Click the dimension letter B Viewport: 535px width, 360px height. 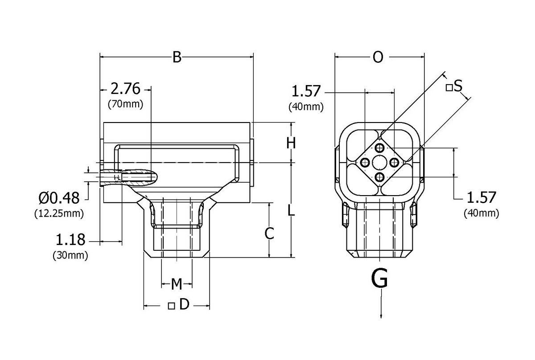pyautogui.click(x=177, y=57)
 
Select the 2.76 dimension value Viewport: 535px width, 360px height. pyautogui.click(x=125, y=89)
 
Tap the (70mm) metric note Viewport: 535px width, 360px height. pyautogui.click(x=125, y=105)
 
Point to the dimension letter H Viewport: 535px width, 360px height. pyautogui.click(x=291, y=143)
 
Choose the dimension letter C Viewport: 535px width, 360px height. pyautogui.click(x=269, y=233)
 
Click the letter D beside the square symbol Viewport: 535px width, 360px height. pyautogui.click(x=184, y=305)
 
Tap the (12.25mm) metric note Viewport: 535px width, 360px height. pyautogui.click(x=59, y=213)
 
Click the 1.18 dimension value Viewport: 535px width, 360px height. pyautogui.click(x=70, y=241)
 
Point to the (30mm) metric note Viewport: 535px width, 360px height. pyautogui.click(x=70, y=256)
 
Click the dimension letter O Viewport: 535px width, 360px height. pyautogui.click(x=378, y=57)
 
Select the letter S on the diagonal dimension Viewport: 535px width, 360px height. pyautogui.click(x=458, y=86)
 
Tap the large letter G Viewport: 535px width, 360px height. pyautogui.click(x=379, y=279)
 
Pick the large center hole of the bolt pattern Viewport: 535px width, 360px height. pyautogui.click(x=379, y=162)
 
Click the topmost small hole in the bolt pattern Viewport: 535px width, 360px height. pyautogui.click(x=379, y=148)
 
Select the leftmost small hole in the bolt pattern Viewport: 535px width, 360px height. pyautogui.click(x=365, y=163)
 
